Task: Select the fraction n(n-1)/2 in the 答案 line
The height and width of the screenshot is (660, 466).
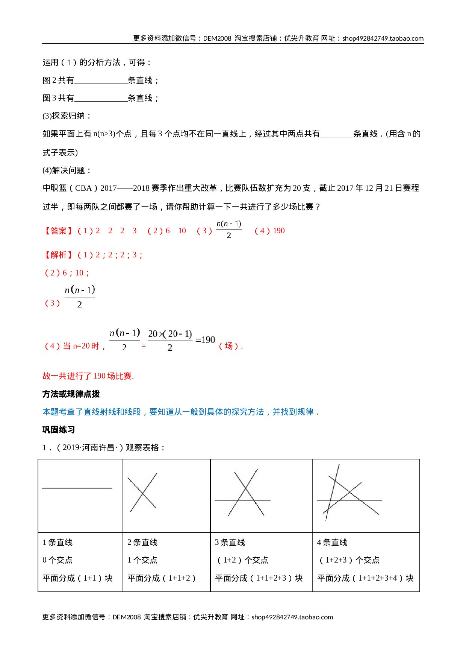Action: pos(229,229)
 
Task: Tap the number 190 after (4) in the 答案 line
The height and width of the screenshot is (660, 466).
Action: pos(279,231)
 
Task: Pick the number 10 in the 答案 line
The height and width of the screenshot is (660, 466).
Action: pos(182,231)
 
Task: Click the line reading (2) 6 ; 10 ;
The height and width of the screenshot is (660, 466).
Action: pos(67,273)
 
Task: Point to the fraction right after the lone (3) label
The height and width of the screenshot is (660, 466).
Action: pos(80,297)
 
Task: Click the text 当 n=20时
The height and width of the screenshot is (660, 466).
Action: pos(81,346)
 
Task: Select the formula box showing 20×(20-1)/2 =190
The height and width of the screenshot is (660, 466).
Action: pos(181,340)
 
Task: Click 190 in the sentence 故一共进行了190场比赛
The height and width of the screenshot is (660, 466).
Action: pos(99,376)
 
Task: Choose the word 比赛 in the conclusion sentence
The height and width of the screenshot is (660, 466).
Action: pos(124,376)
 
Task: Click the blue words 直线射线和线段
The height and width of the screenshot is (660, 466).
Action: pos(112,412)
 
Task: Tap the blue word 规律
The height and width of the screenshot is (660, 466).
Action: pos(305,412)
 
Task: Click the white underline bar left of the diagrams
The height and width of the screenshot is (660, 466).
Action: pos(78,489)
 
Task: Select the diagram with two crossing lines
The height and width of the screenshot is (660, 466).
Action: pos(143,493)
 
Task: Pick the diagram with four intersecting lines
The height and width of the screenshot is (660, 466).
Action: pos(350,493)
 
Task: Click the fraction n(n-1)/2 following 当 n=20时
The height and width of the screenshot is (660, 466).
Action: pos(124,340)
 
